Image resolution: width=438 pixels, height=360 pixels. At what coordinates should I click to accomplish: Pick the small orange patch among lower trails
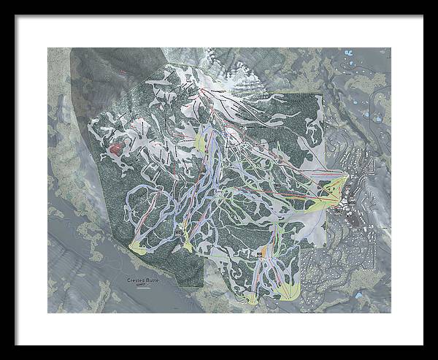click(261, 253)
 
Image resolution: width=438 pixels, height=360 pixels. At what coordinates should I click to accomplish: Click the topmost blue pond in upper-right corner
click(346, 53)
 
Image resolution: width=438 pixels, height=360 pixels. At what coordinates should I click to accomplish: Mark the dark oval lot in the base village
click(351, 198)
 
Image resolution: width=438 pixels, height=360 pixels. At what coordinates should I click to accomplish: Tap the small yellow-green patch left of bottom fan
click(252, 298)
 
